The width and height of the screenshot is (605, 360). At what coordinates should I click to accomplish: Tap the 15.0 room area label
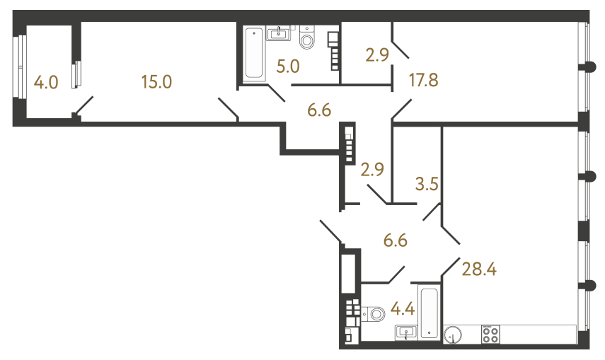(x=156, y=82)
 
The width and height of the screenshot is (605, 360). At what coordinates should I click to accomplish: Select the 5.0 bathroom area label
(x=288, y=67)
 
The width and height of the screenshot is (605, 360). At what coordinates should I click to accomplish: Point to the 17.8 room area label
(x=424, y=79)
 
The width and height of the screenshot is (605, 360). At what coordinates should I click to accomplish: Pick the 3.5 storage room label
(x=427, y=185)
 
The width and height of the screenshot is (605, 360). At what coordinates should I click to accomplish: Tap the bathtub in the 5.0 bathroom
(x=253, y=54)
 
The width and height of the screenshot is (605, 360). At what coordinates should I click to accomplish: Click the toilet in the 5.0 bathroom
(x=307, y=38)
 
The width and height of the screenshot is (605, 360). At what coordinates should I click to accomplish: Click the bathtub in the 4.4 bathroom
(x=430, y=312)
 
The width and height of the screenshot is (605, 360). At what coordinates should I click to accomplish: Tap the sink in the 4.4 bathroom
(x=407, y=331)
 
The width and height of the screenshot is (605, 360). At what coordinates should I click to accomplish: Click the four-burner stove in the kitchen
(x=490, y=334)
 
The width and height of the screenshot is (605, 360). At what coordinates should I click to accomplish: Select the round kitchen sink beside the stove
(x=453, y=334)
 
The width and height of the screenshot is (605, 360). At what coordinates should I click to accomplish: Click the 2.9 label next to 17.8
(x=378, y=54)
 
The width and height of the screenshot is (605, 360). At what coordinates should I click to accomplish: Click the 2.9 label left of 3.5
(x=373, y=170)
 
